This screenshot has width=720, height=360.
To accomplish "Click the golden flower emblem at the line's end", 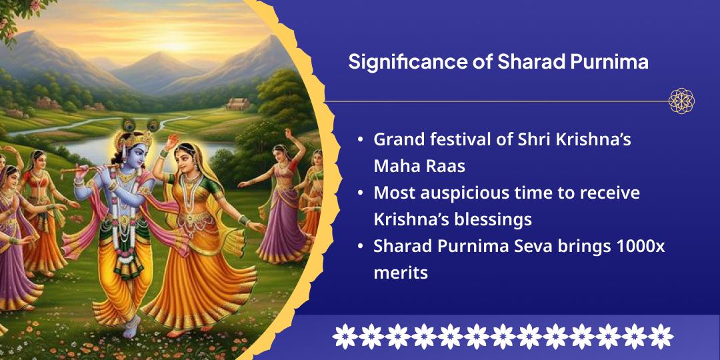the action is click(681, 101).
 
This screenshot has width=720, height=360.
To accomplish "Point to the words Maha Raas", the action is click(419, 166).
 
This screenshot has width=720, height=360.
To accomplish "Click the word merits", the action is click(401, 273).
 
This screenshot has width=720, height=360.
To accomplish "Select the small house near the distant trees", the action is click(238, 104).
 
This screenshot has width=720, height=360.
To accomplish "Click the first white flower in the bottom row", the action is click(345, 336).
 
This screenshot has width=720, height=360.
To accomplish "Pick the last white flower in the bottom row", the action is click(661, 336).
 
